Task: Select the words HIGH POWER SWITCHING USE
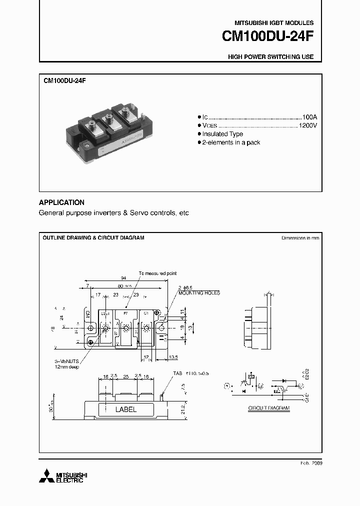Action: [270, 57]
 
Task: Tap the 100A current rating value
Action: [309, 115]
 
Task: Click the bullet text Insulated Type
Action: [222, 134]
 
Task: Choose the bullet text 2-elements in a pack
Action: [231, 143]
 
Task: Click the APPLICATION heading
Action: [61, 202]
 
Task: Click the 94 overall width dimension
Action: [123, 278]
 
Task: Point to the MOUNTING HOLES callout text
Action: [198, 293]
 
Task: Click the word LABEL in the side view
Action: [126, 409]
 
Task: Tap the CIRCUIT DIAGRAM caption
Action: [269, 408]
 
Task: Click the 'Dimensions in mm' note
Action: [300, 238]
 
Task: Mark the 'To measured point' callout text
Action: [157, 273]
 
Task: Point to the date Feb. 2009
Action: [311, 463]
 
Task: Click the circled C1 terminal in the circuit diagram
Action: [260, 385]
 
